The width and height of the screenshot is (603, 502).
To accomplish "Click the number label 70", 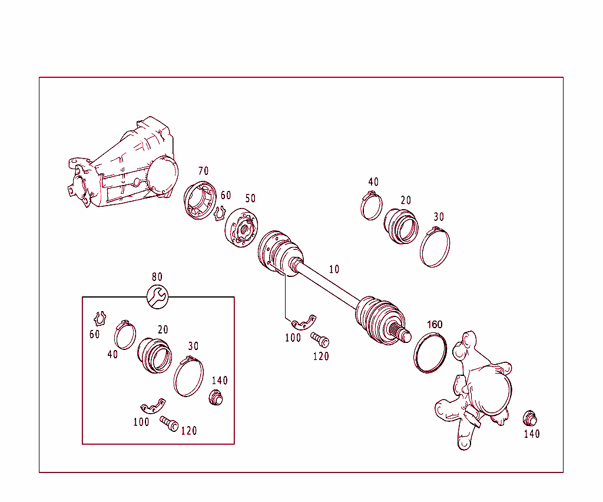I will click(x=203, y=171).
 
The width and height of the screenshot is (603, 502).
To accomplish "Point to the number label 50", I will click(x=250, y=199).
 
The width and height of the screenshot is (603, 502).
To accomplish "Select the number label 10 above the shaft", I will click(x=334, y=269).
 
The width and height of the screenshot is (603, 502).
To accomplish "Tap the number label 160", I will click(x=434, y=325).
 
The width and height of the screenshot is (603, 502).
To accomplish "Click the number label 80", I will click(x=157, y=277).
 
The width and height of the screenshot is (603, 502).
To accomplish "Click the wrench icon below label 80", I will click(x=157, y=296).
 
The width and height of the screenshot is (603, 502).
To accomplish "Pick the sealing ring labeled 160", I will click(x=430, y=354).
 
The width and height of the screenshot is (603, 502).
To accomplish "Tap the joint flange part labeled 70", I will click(x=200, y=202).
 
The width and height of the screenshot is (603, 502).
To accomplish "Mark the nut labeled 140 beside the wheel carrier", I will click(x=530, y=418).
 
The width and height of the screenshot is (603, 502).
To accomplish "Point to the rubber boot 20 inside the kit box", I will click(x=155, y=354).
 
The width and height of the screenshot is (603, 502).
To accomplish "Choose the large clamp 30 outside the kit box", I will click(x=435, y=247).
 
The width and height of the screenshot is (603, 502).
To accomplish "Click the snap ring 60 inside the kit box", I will click(x=100, y=319).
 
